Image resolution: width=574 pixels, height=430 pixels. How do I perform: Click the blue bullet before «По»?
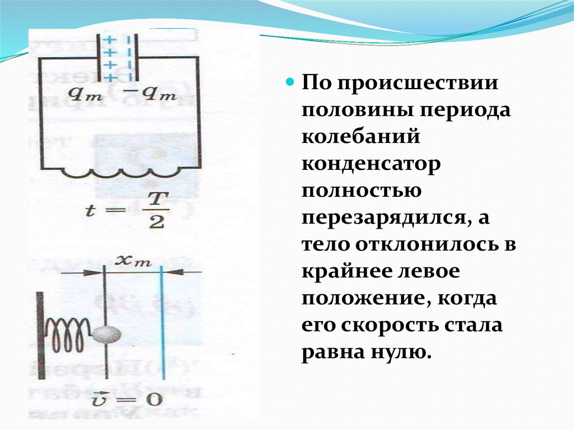coord(290,82)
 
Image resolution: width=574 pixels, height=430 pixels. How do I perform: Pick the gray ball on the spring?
coord(107,334)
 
